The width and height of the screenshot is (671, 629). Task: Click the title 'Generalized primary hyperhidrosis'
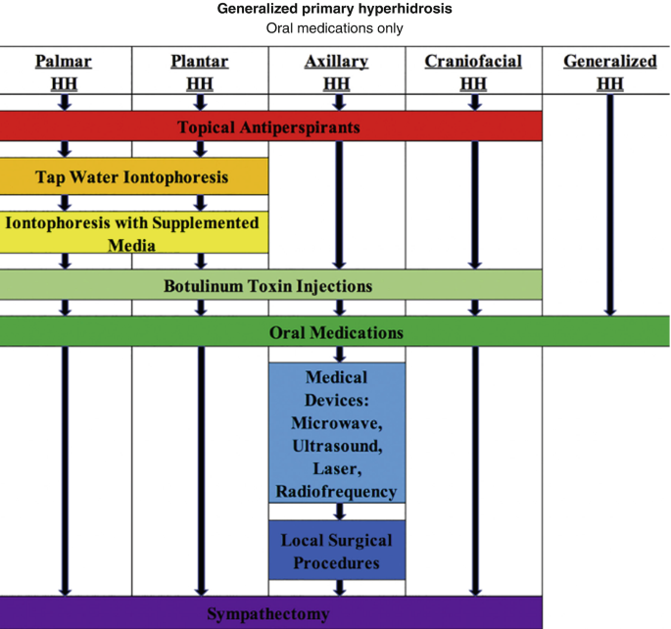(335, 10)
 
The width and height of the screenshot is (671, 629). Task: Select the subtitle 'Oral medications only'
(335, 28)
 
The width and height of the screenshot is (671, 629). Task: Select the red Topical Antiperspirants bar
(270, 126)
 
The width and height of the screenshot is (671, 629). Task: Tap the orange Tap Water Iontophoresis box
(133, 177)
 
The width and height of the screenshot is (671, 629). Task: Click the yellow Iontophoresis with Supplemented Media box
(133, 233)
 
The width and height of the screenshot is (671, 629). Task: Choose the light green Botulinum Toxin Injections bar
(270, 285)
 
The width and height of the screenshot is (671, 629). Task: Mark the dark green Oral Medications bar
(335, 332)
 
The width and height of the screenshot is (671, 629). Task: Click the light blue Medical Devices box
(336, 433)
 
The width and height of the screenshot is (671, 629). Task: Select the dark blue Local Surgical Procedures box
(336, 551)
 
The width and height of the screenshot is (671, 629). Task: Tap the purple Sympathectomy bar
(270, 614)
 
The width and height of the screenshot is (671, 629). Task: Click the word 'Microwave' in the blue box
(336, 423)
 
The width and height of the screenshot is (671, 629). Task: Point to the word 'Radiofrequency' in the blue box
(336, 491)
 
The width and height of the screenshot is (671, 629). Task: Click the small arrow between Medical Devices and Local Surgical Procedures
(336, 511)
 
